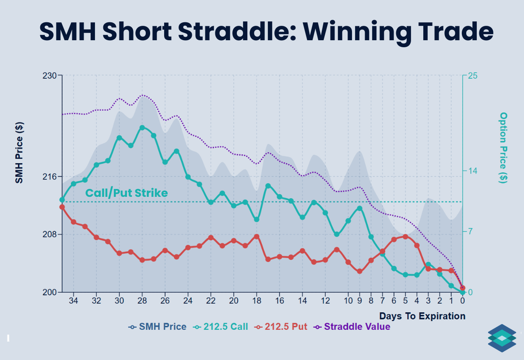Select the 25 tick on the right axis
[473, 76]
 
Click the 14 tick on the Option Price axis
[473, 171]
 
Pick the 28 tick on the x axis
[142, 301]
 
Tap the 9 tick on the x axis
[360, 301]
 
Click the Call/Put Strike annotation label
[126, 193]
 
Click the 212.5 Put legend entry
[281, 327]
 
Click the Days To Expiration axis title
[422, 316]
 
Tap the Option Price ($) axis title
[503, 147]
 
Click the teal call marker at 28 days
[142, 128]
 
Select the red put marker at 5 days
[405, 237]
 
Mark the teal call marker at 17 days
[268, 186]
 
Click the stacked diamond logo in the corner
[502, 338]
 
